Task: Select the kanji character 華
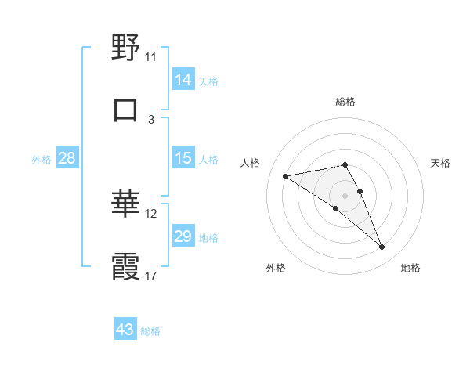pos(125,204)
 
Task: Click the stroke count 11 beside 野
pos(150,57)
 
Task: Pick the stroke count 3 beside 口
pos(151,119)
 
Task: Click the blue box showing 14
pos(183,79)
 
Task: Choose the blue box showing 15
pos(183,158)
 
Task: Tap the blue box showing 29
pos(183,236)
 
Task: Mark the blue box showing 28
pos(67,158)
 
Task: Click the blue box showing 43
pos(125,330)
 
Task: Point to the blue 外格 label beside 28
pos(42,159)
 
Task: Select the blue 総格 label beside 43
pos(150,331)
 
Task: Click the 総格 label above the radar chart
pos(345,102)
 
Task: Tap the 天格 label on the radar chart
pos(440,163)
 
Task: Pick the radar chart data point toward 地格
pos(382,247)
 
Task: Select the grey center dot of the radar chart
pos(345,195)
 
